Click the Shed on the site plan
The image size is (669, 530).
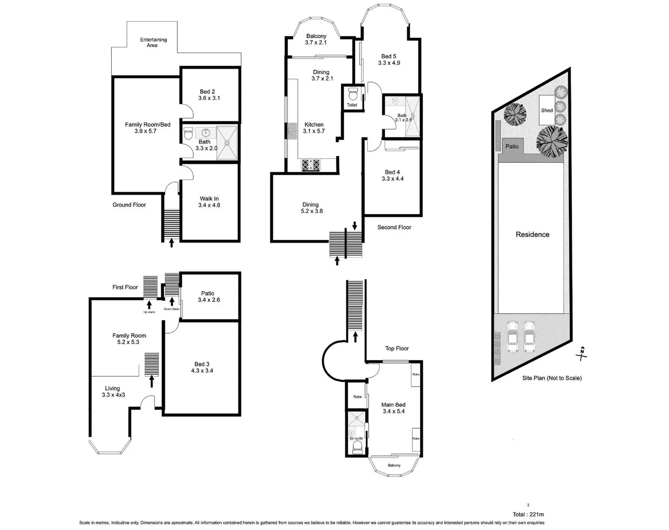pyautogui.click(x=546, y=110)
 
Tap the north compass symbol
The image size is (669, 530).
pyautogui.click(x=582, y=352)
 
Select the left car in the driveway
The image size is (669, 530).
pyautogui.click(x=513, y=336)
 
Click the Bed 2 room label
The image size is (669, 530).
pyautogui.click(x=207, y=92)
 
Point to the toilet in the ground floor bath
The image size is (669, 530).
pyautogui.click(x=188, y=134)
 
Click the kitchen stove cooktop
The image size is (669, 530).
pyautogui.click(x=310, y=165)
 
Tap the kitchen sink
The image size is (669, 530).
pyautogui.click(x=291, y=131)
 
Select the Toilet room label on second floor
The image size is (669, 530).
pyautogui.click(x=352, y=105)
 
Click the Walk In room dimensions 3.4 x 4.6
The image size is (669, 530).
pyautogui.click(x=209, y=205)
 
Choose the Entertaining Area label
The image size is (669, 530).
pyautogui.click(x=153, y=42)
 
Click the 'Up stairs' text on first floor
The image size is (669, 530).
pyautogui.click(x=149, y=312)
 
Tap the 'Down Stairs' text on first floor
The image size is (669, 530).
pyautogui.click(x=172, y=309)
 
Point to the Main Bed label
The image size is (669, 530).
pyautogui.click(x=393, y=405)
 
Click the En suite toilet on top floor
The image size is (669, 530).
pyautogui.click(x=358, y=446)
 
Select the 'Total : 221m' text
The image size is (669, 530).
pyautogui.click(x=528, y=514)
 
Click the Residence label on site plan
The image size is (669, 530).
pyautogui.click(x=533, y=235)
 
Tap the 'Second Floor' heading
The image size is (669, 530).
pyautogui.click(x=394, y=227)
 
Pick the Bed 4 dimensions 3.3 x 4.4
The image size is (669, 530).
pyautogui.click(x=393, y=179)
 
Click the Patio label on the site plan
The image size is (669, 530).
pyautogui.click(x=512, y=146)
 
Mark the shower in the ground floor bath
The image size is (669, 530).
pyautogui.click(x=227, y=143)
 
